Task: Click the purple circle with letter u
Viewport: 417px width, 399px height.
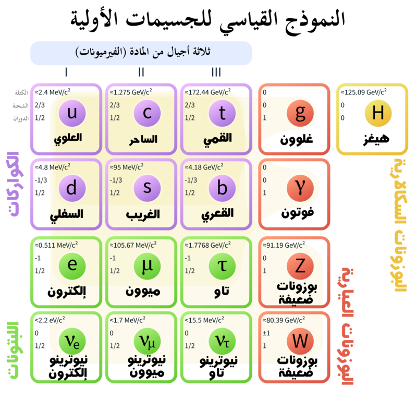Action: coord(72,113)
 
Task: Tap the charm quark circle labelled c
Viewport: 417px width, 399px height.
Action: coord(147,113)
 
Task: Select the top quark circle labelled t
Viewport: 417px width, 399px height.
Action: coord(222,113)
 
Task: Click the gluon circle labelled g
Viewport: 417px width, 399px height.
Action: coord(300,113)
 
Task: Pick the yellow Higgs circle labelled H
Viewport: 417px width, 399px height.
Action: coord(378,113)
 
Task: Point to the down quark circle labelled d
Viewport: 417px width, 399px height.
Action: coord(72,188)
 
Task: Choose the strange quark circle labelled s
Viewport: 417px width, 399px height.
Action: coord(147,188)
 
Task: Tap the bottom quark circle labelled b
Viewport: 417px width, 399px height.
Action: coord(222,188)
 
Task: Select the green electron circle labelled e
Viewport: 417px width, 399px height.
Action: coord(72,265)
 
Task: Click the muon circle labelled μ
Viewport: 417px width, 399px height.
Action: coord(147,265)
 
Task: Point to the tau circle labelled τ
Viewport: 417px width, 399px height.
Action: coord(222,265)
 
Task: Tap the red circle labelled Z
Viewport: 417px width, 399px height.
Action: coord(300,265)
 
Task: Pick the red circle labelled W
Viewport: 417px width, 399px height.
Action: coord(300,341)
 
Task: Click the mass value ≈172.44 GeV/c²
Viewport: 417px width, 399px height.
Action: coord(206,92)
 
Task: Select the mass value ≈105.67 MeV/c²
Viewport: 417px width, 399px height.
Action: coord(132,245)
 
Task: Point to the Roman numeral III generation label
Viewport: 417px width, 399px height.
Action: coord(216,72)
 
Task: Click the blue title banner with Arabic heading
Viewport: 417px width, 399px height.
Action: coord(141,53)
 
